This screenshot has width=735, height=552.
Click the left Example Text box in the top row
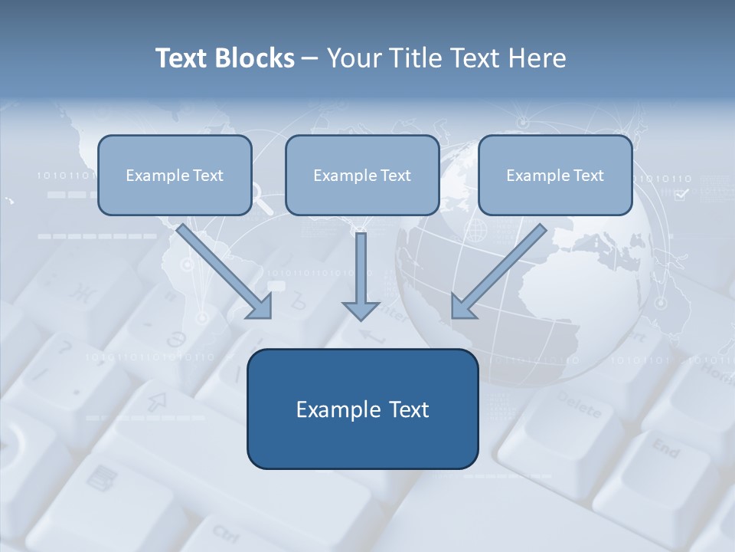point(175,175)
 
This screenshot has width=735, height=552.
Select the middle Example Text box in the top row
point(362,175)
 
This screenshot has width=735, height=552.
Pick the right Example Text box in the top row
point(555,175)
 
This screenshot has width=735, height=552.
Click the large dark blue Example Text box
point(362,409)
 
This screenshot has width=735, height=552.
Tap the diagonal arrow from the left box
point(225,271)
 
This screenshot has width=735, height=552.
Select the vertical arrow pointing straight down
point(361,276)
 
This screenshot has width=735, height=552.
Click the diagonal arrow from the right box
point(498,271)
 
